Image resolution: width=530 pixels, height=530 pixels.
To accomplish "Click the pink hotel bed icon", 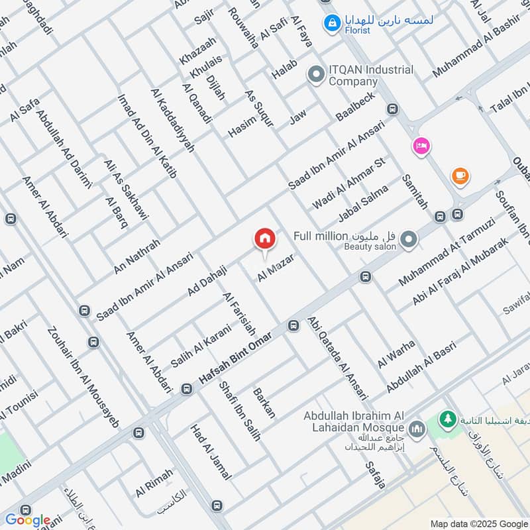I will coord(421,146).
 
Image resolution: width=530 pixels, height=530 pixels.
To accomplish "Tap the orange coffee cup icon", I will coord(460,176).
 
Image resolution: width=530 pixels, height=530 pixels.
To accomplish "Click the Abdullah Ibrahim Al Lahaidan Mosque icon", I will coord(417,430).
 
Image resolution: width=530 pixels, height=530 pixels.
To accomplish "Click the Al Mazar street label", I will coord(275,266).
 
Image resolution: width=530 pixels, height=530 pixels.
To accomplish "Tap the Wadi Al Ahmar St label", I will coord(348,184).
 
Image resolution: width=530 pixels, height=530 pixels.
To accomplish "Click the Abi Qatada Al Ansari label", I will coord(338,358).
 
